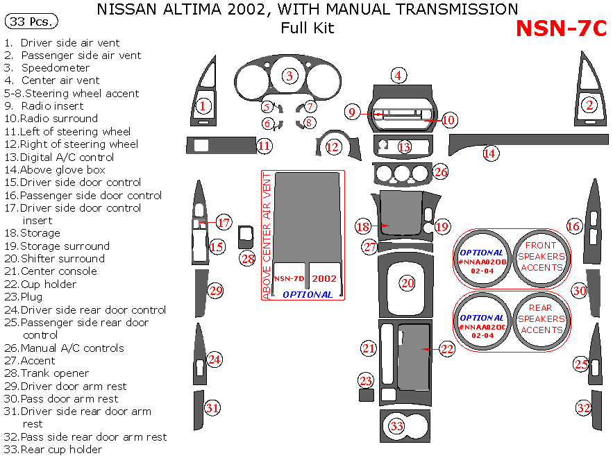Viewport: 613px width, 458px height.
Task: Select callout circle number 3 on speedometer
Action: [289, 76]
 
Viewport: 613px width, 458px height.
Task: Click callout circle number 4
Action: [398, 76]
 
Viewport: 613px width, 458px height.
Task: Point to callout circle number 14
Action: [492, 153]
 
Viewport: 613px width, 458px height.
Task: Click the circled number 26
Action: [441, 171]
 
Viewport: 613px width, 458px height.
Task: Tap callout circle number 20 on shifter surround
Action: [407, 282]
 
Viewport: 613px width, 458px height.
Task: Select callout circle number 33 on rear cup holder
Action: [396, 426]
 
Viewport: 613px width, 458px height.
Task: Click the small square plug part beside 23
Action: [367, 396]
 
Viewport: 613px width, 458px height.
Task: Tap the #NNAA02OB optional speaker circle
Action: [482, 257]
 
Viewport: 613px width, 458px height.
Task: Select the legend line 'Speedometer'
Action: [56, 68]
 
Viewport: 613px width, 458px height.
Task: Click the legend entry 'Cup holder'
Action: [49, 285]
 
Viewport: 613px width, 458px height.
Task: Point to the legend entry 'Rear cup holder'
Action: [61, 450]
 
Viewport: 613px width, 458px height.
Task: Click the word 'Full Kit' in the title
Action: [307, 28]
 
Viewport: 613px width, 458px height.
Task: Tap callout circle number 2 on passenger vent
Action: [589, 105]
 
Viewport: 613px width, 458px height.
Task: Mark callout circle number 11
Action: [264, 146]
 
